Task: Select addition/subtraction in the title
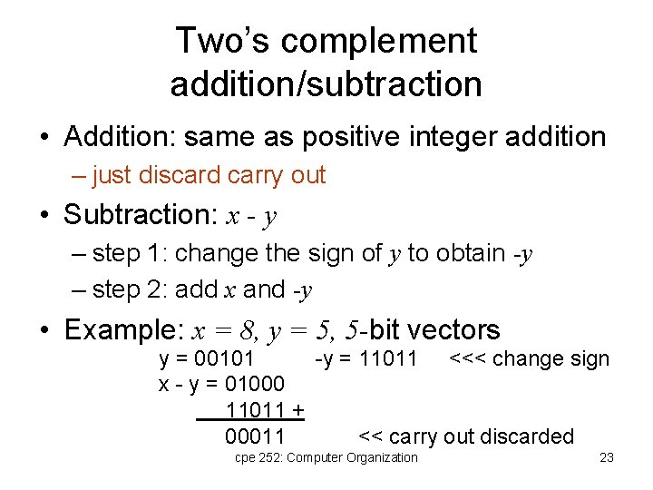tap(326, 84)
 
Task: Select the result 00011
tap(255, 436)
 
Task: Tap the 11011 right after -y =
tap(388, 359)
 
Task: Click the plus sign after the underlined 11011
tap(297, 410)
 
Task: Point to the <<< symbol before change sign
tap(469, 359)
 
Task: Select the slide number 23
tap(607, 457)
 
